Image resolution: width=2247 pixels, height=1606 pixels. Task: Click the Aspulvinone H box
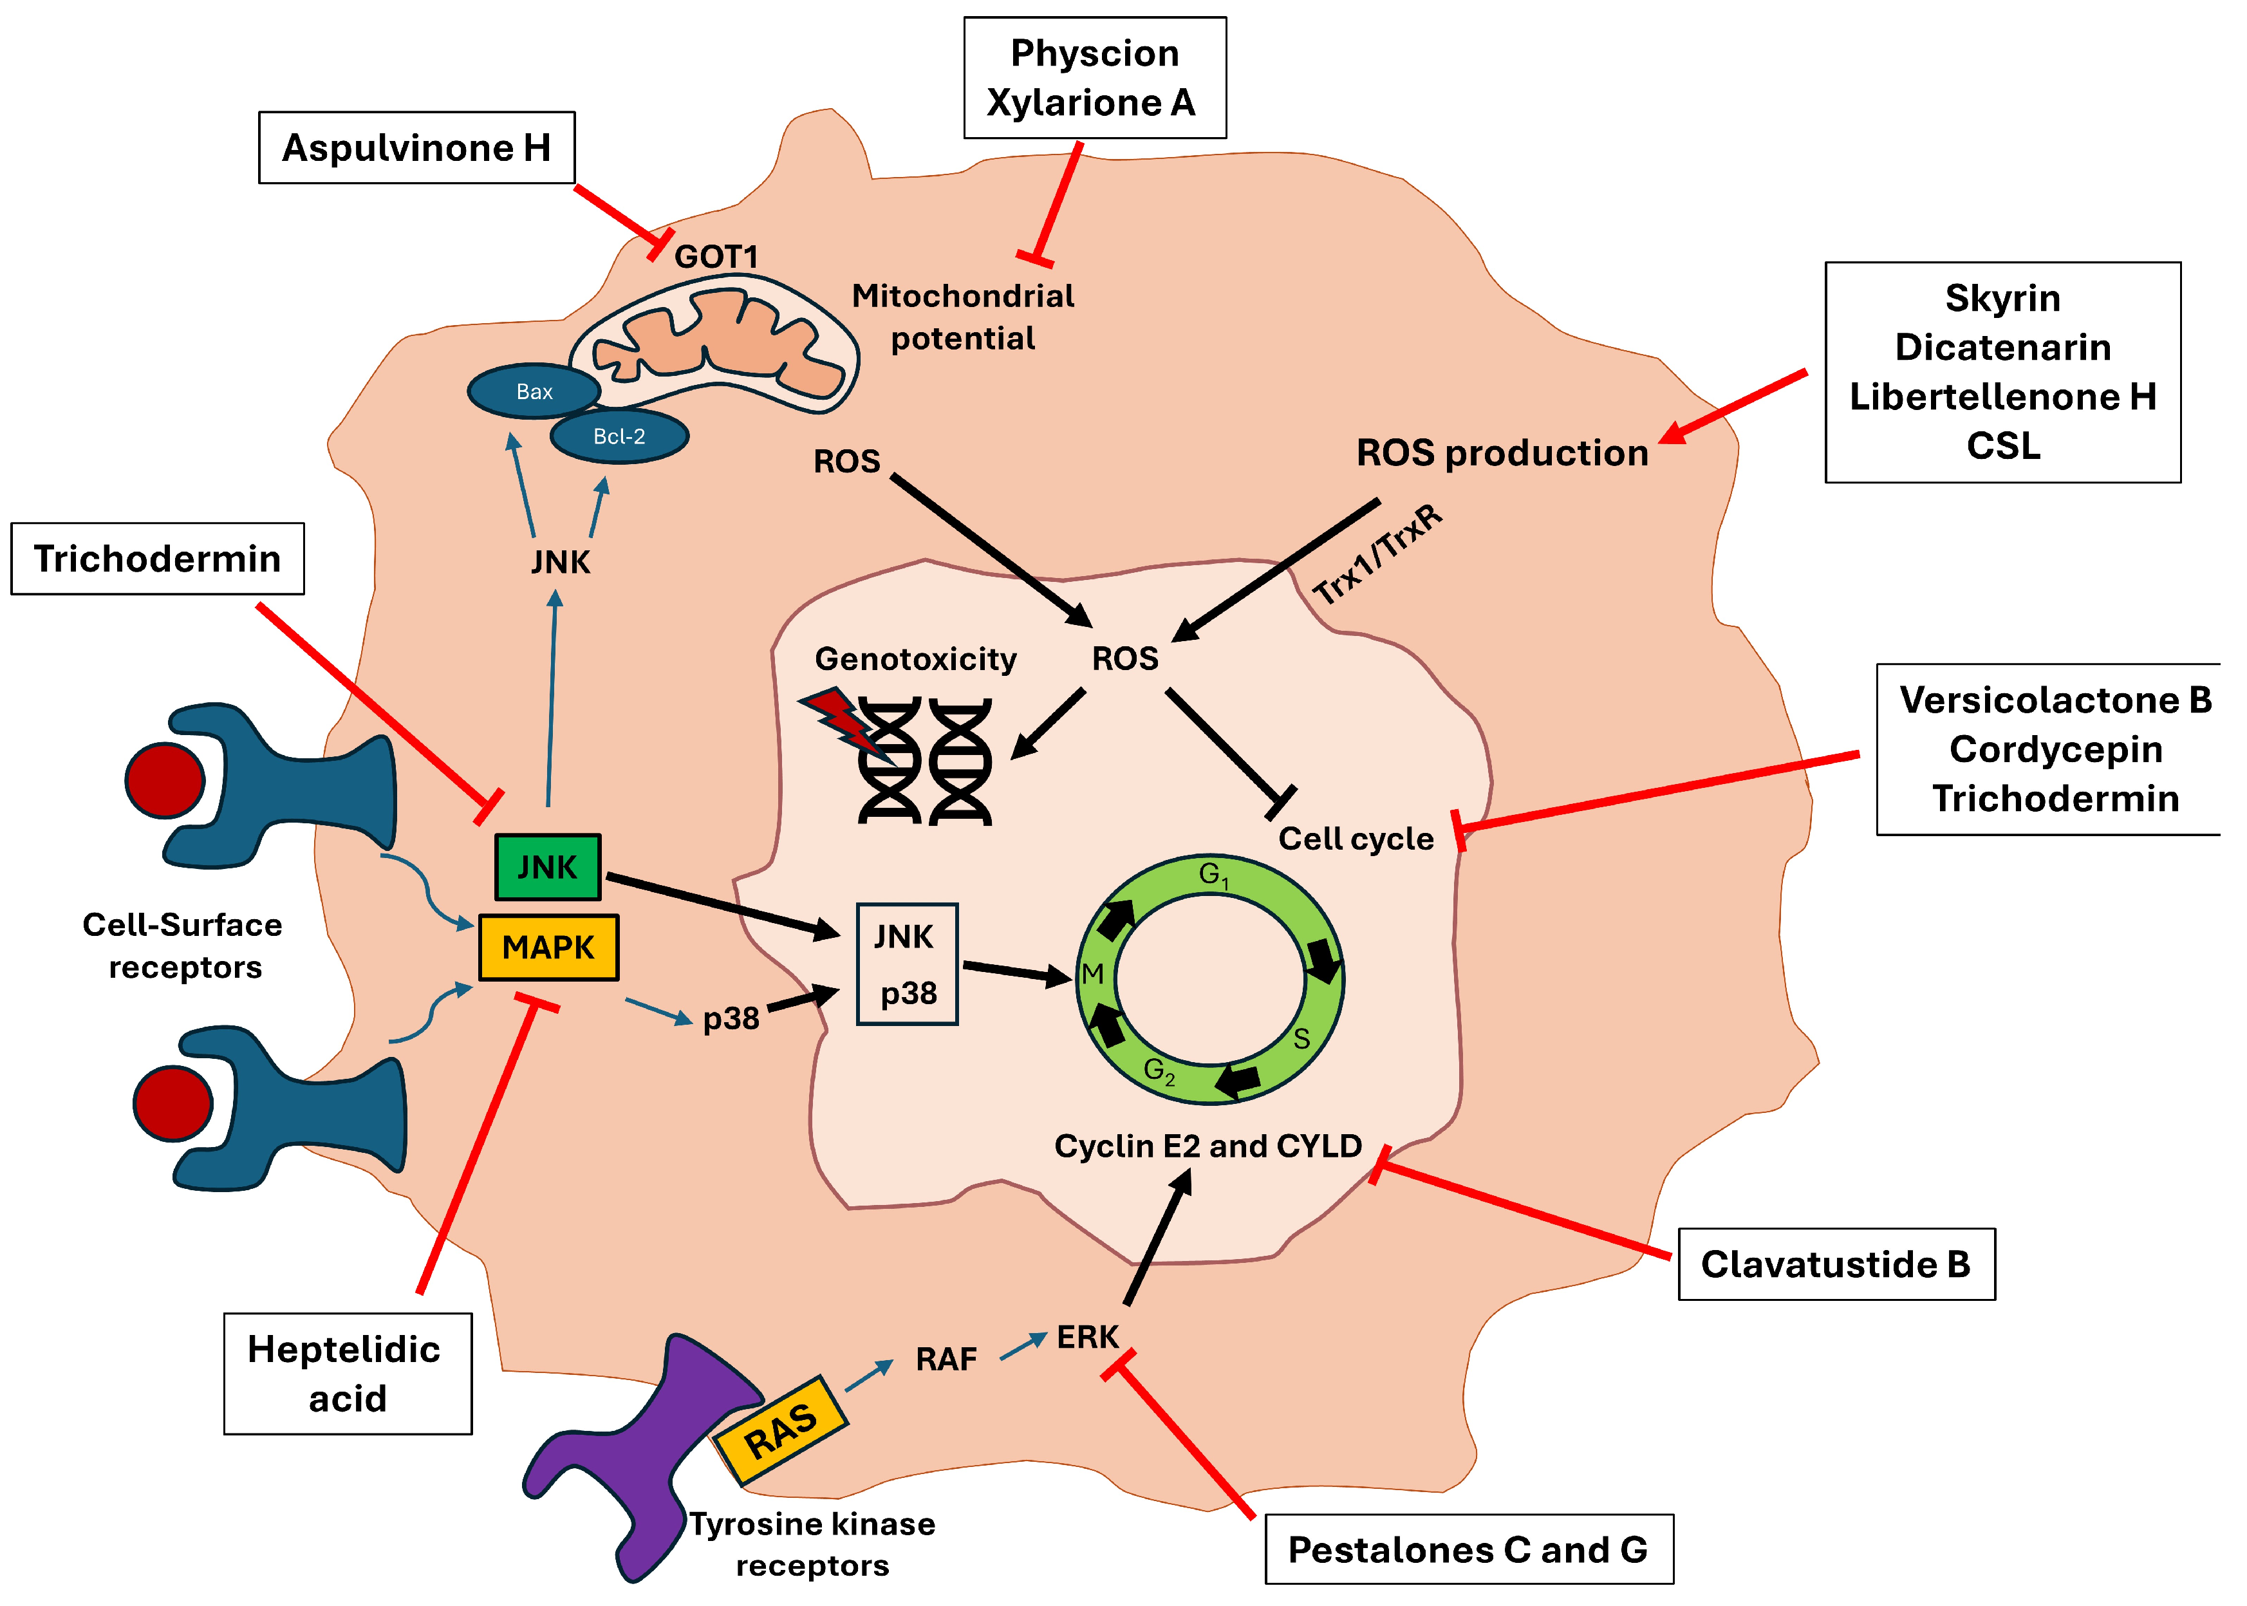(x=416, y=147)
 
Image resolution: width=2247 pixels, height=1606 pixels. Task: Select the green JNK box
(x=547, y=867)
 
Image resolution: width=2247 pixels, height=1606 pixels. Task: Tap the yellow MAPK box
(x=549, y=948)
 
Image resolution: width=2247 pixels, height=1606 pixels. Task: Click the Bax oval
(x=534, y=391)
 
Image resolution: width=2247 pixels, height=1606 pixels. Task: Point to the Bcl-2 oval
(x=619, y=436)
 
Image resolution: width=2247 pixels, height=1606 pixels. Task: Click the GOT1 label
(x=716, y=257)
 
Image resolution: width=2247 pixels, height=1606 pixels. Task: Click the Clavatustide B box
(x=1836, y=1264)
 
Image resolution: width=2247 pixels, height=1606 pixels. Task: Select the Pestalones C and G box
(x=1469, y=1549)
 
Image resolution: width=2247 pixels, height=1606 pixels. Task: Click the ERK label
(x=1087, y=1337)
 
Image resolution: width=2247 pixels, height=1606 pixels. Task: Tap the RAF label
(x=946, y=1359)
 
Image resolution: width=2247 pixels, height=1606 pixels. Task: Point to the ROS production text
(x=1501, y=453)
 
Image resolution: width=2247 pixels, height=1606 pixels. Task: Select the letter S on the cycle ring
(x=1301, y=1038)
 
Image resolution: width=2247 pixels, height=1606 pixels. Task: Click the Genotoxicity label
(x=915, y=658)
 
